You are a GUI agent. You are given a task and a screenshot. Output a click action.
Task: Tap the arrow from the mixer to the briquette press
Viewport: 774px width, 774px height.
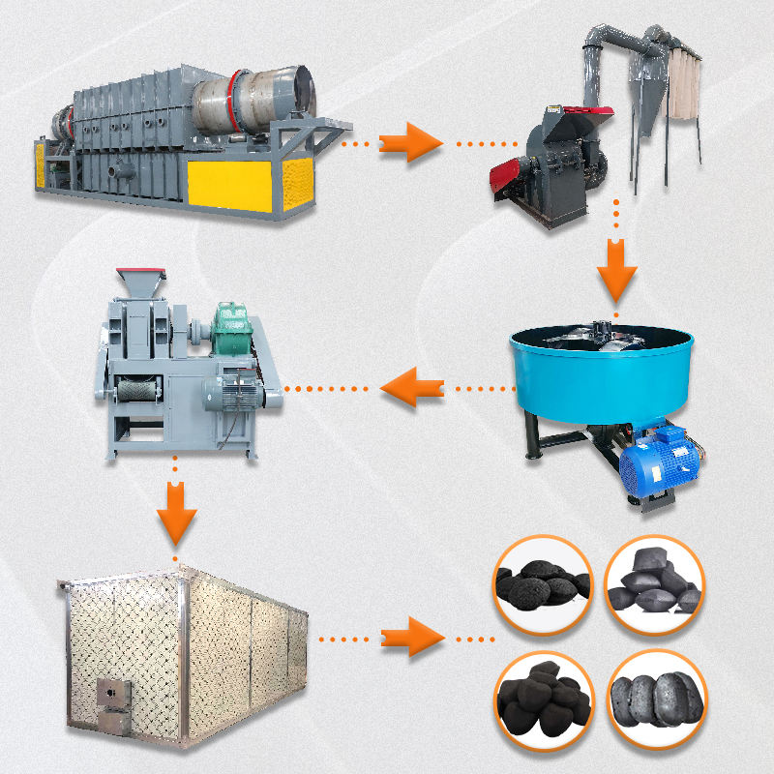(x=405, y=390)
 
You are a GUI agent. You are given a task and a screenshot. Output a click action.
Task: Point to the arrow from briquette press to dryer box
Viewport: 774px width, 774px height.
(x=175, y=512)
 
